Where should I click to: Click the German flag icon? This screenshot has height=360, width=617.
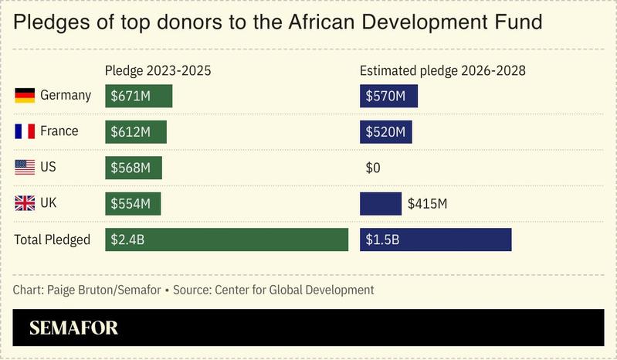click(25, 96)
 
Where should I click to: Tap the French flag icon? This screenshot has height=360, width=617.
click(25, 131)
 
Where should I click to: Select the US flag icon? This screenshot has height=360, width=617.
click(25, 168)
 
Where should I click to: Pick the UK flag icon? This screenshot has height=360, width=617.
click(25, 203)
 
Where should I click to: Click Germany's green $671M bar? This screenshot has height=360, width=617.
click(138, 96)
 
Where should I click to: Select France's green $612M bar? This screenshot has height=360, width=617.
click(135, 131)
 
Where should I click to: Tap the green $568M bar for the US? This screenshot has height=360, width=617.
click(133, 168)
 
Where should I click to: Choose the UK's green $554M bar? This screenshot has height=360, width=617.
click(132, 203)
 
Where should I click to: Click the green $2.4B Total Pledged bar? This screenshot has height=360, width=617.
click(226, 239)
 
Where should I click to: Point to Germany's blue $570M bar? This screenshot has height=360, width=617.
click(388, 96)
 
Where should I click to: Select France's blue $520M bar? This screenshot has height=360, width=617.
click(385, 131)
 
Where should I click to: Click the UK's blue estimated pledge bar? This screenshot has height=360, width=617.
click(381, 203)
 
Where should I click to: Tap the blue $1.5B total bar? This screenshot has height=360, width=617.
click(436, 239)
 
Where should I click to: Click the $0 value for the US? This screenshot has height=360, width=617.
click(373, 168)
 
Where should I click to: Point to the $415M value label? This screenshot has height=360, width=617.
click(428, 204)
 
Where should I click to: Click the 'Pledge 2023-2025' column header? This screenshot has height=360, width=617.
click(158, 71)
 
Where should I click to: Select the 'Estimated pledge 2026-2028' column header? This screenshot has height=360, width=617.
click(442, 71)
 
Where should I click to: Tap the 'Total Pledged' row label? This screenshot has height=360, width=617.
click(52, 239)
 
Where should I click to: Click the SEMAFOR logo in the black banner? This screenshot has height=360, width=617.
click(74, 328)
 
